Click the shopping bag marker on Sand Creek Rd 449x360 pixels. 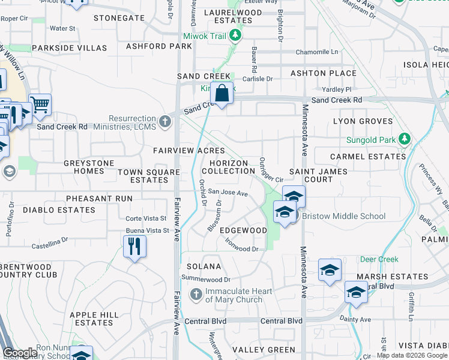coord(221,94)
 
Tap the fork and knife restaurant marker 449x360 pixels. coord(134,246)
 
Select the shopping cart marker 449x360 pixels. coord(40,105)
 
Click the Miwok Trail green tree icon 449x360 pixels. coord(236,36)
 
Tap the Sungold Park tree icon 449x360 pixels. coord(405,140)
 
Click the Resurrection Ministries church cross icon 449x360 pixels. coord(165,122)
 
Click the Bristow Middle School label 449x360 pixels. coord(343,216)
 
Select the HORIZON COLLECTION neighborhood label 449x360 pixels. coord(228,167)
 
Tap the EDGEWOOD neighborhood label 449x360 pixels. coord(243,230)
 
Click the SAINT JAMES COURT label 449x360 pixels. coord(319,175)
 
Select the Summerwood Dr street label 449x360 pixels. coord(206,279)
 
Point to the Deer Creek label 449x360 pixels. coord(379,259)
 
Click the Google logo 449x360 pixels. coord(20,353)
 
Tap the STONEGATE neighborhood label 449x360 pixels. coord(119,18)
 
